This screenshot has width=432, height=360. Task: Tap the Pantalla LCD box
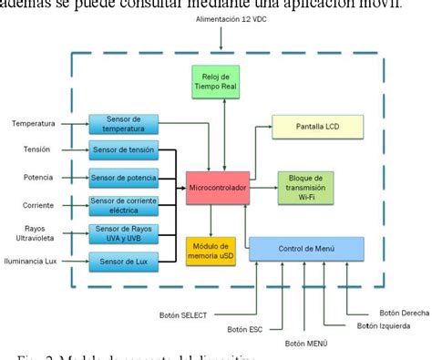pyautogui.click(x=317, y=128)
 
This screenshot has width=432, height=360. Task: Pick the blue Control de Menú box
pyautogui.click(x=306, y=249)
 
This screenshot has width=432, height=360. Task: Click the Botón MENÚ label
pyautogui.click(x=305, y=343)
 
